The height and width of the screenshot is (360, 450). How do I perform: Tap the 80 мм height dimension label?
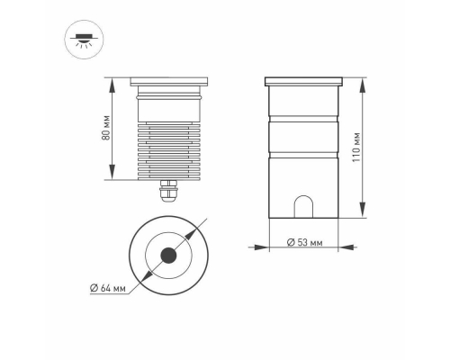[105, 128]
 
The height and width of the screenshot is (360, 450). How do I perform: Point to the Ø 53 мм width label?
[302, 243]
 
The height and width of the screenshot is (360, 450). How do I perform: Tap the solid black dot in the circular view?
[168, 257]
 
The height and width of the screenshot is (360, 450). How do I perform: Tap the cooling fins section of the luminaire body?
[168, 148]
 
